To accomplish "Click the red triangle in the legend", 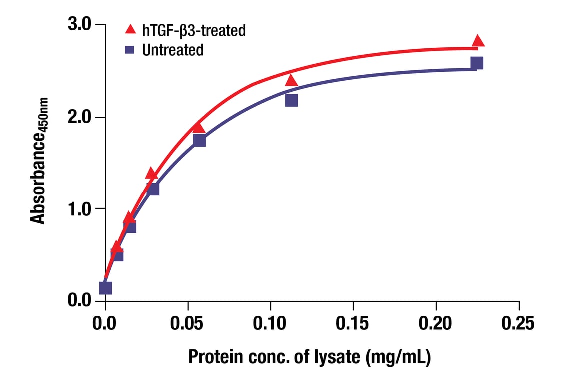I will (x=130, y=29).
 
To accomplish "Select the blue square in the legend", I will (x=130, y=50).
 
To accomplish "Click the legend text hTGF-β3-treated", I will (x=194, y=30).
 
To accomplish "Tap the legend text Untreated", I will (x=172, y=50).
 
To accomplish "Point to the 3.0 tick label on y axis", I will (x=80, y=24).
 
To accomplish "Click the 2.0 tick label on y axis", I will (x=80, y=117).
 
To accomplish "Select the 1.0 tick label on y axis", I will (x=80, y=208).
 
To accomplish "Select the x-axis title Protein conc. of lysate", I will (x=309, y=357).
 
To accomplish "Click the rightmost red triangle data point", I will (x=478, y=41).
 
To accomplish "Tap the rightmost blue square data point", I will (x=477, y=63).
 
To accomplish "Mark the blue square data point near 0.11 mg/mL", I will (x=291, y=100).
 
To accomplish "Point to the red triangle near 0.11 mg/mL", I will (x=291, y=80).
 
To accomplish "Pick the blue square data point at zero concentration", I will (x=105, y=288).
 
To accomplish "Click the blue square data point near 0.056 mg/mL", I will (x=199, y=141).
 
